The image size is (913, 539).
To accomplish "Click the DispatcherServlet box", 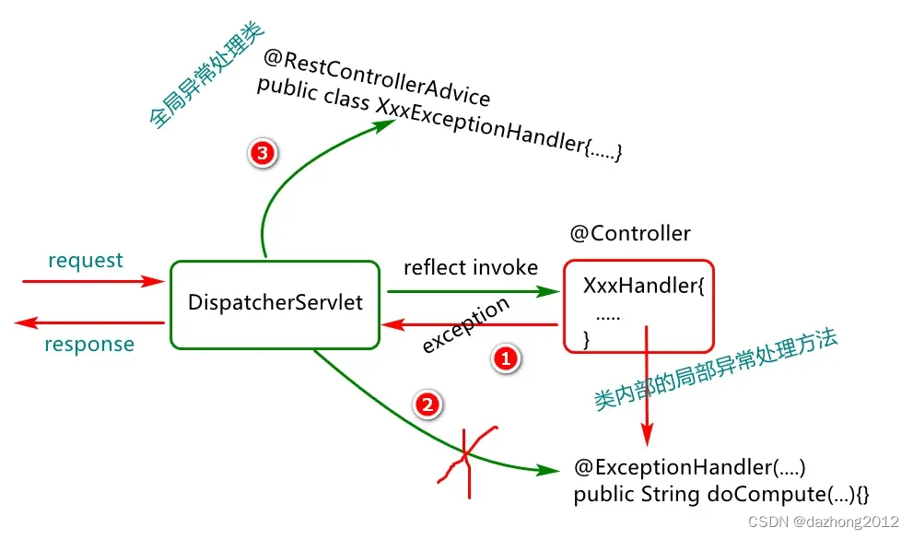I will tap(274, 304).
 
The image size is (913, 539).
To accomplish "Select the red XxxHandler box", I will tap(638, 305).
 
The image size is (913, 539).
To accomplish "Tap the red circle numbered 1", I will tap(504, 359).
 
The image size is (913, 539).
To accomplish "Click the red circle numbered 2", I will tap(427, 404).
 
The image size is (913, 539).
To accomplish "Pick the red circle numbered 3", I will tap(263, 154).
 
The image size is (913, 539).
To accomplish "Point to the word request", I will tap(86, 261).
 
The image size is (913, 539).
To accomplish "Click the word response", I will tap(89, 345).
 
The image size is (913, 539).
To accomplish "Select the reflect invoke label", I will tap(470, 267).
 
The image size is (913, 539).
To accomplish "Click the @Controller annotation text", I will tap(630, 233).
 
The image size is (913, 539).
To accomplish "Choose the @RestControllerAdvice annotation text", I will tap(376, 76).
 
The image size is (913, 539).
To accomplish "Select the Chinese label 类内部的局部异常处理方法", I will tap(714, 370).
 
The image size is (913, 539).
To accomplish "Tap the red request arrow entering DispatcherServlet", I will tap(92, 281).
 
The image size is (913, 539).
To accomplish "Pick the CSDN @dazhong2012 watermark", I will tap(822, 521).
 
